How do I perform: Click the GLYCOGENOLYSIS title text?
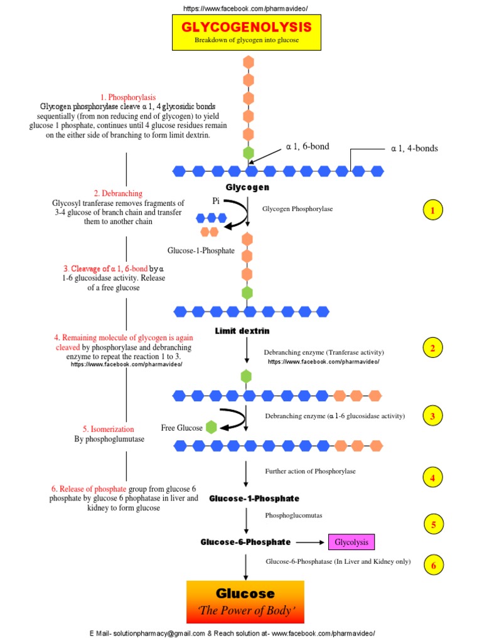tap(246, 27)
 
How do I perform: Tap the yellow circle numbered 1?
tap(432, 210)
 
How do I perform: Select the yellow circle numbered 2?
tap(432, 347)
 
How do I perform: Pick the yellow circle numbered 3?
tap(432, 415)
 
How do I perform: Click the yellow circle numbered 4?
tap(432, 478)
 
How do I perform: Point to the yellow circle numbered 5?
tap(432, 523)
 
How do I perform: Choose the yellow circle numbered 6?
tap(432, 566)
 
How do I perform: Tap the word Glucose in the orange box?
tap(245, 593)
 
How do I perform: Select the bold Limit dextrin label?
tap(242, 331)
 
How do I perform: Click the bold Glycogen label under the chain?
tap(247, 188)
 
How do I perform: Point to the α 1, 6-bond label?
tap(308, 147)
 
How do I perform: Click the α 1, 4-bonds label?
tap(414, 149)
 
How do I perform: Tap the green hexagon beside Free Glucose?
tap(212, 428)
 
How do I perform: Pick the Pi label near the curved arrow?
tap(215, 200)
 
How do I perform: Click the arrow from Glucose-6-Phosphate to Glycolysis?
tap(310, 542)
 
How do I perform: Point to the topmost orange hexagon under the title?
tap(249, 62)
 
